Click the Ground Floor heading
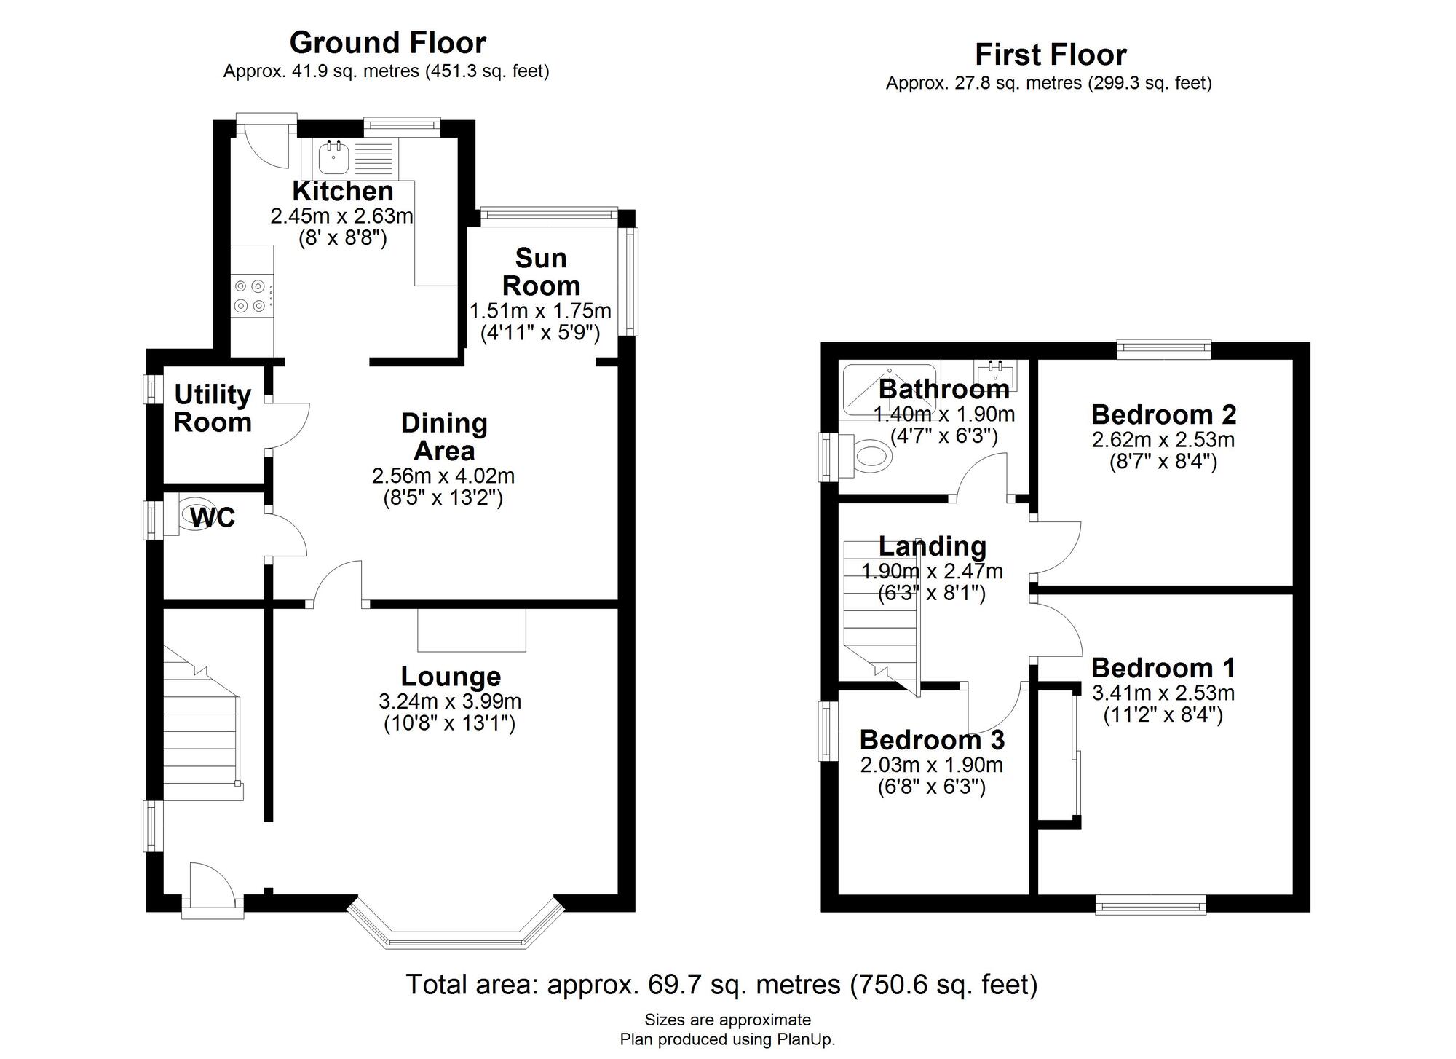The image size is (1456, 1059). [387, 43]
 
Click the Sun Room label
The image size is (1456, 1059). [541, 272]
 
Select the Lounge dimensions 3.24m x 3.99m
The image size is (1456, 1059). [450, 701]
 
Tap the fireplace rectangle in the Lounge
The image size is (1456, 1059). [472, 630]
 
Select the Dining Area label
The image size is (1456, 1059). [444, 437]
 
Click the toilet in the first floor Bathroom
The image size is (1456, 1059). [871, 457]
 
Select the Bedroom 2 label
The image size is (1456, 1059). [1163, 414]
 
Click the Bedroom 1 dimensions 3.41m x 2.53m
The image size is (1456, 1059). [1163, 693]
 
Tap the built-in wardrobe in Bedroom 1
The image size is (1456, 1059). [1058, 754]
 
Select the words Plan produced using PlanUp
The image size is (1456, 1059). [727, 1039]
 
